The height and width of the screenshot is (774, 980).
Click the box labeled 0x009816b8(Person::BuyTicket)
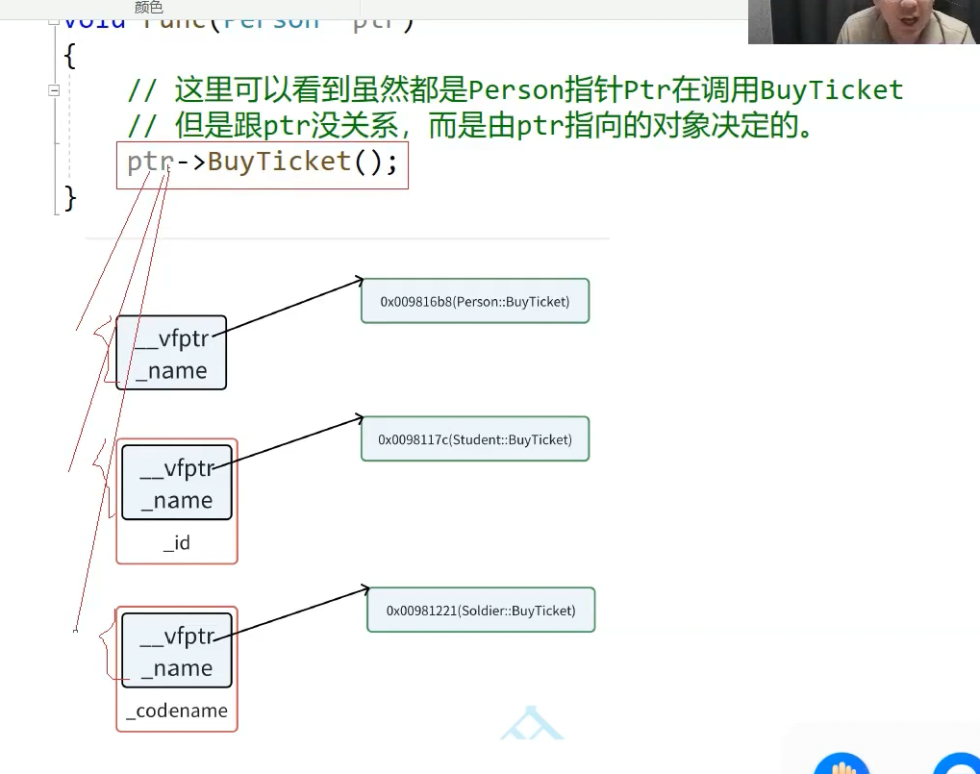(x=475, y=301)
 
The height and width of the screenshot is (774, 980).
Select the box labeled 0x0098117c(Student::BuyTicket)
(x=475, y=439)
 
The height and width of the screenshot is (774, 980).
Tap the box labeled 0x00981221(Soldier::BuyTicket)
(x=481, y=610)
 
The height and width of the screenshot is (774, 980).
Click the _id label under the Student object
(x=177, y=543)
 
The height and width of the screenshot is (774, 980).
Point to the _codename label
(x=177, y=712)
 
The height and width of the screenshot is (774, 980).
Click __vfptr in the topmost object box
(x=172, y=339)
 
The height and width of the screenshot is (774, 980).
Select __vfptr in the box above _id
(x=178, y=469)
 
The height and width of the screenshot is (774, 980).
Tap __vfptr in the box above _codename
(x=178, y=637)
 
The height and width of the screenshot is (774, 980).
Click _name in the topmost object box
(x=171, y=371)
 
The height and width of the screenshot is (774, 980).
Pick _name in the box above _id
(x=177, y=501)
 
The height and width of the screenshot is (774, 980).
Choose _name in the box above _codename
(x=177, y=669)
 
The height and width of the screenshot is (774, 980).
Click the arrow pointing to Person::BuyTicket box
(x=289, y=308)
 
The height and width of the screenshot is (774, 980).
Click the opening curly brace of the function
(x=69, y=56)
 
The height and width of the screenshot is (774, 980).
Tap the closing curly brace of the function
(x=69, y=198)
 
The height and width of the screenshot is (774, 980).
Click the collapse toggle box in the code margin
(x=54, y=89)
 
